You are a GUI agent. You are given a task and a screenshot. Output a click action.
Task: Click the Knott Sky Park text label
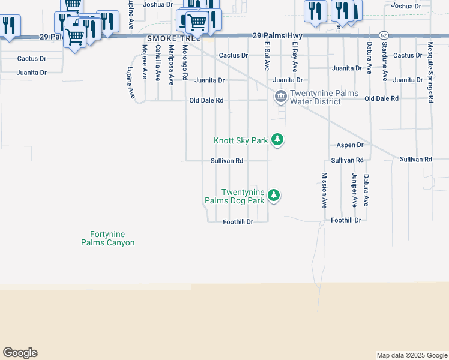(241, 140)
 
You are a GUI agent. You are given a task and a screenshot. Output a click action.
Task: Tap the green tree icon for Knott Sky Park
(277, 140)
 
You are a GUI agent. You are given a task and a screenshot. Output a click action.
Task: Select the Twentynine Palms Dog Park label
(243, 196)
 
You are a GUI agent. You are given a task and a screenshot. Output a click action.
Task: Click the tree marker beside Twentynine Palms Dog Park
(274, 195)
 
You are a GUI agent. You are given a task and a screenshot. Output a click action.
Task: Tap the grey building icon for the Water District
(280, 96)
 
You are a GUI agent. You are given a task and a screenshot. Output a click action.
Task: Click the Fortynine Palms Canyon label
(108, 238)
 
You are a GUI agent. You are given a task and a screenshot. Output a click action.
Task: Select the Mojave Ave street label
(145, 62)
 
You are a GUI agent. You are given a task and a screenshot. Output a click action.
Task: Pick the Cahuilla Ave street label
(158, 62)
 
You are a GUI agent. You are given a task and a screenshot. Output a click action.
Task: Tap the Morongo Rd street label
(185, 62)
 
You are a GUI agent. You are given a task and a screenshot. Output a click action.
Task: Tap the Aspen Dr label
(350, 145)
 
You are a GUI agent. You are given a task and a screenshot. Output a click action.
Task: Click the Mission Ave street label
(324, 190)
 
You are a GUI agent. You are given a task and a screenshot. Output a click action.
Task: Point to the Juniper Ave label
(355, 190)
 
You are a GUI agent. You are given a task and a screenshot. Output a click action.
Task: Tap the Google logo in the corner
(20, 353)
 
